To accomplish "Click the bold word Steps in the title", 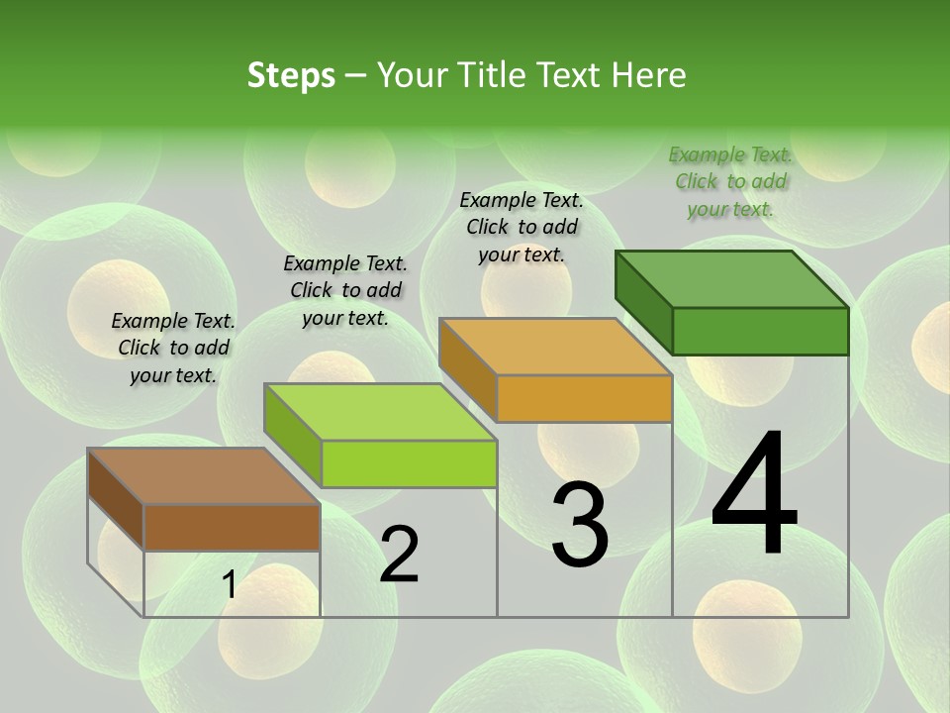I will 291,75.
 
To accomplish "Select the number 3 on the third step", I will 580,525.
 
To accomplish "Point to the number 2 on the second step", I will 399,555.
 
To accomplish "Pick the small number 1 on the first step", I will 229,585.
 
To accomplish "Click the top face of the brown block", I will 203,476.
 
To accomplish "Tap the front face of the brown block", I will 232,527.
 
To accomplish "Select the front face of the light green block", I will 409,463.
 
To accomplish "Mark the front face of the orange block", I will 584,398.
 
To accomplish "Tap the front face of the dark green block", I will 760,331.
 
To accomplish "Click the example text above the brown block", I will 173,348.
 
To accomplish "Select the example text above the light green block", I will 345,290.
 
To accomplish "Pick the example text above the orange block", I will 522,227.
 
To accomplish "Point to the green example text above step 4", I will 730,181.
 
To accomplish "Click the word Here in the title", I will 650,75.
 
